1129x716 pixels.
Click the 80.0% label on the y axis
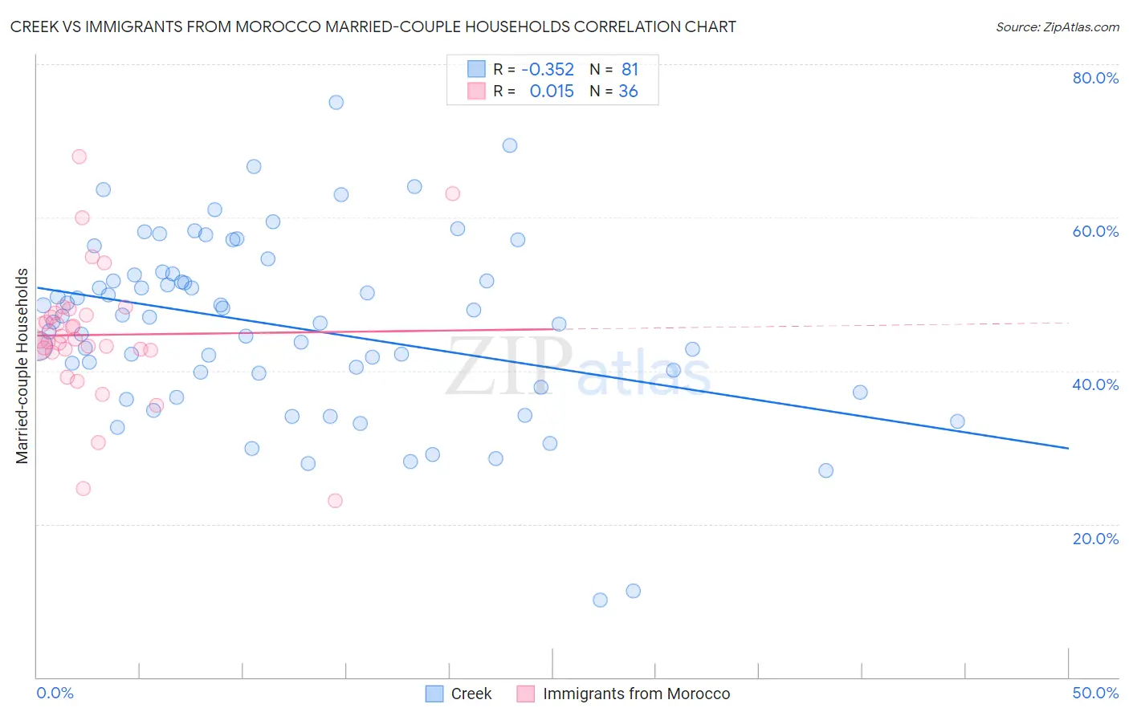click(x=1095, y=78)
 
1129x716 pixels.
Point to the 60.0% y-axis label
click(x=1095, y=231)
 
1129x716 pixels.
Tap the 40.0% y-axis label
click(x=1095, y=384)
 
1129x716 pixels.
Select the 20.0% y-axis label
click(x=1095, y=539)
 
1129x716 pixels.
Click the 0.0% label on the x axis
click(x=55, y=693)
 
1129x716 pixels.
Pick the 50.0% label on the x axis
click(x=1095, y=693)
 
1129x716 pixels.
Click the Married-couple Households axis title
click(x=22, y=366)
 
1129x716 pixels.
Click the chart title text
click(x=373, y=26)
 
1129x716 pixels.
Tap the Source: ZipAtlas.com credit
click(x=1057, y=26)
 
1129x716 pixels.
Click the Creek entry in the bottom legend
click(x=471, y=694)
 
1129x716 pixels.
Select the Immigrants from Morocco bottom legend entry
click(x=636, y=694)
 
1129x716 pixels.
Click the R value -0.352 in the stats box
click(x=548, y=70)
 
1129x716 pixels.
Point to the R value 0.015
click(x=552, y=92)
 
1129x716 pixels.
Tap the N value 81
click(x=630, y=70)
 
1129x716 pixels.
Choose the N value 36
click(x=628, y=92)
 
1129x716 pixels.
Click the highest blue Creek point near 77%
click(x=336, y=102)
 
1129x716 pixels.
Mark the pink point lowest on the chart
click(x=335, y=501)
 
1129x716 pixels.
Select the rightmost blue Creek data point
click(x=957, y=421)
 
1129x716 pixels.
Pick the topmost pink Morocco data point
click(x=79, y=157)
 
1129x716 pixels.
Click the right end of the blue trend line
click(x=1068, y=448)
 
